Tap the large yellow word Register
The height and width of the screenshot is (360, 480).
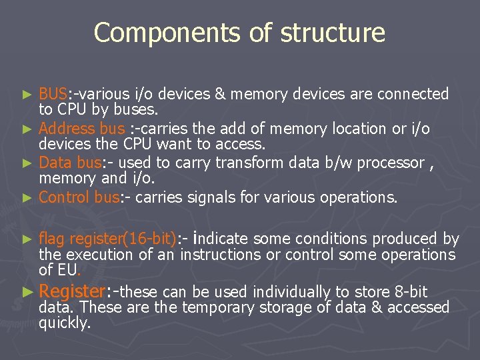tap(73, 291)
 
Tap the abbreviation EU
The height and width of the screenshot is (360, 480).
tap(67, 270)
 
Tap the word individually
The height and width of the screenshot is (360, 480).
tap(290, 292)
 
